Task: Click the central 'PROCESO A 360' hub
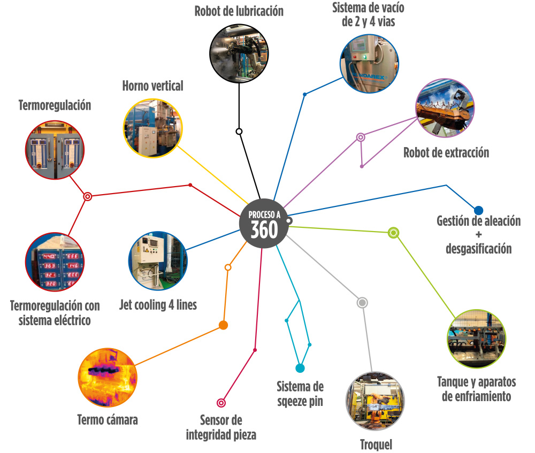264,224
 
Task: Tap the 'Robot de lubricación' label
239,11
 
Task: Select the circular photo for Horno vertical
153,128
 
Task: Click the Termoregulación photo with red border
55,150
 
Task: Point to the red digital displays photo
55,262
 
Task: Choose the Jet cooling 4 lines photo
158,261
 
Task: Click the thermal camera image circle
108,378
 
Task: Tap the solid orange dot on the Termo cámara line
223,325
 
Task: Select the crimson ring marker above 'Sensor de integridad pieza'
221,403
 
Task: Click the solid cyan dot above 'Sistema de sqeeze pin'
300,368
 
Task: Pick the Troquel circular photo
376,401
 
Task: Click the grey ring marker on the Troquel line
362,303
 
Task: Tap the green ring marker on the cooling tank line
393,233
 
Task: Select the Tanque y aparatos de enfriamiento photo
477,339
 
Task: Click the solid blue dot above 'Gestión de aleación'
479,210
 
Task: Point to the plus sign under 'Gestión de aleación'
479,234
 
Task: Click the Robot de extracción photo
445,108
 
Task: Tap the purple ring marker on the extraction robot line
361,137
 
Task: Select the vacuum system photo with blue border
369,64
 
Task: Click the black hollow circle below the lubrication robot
239,132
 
